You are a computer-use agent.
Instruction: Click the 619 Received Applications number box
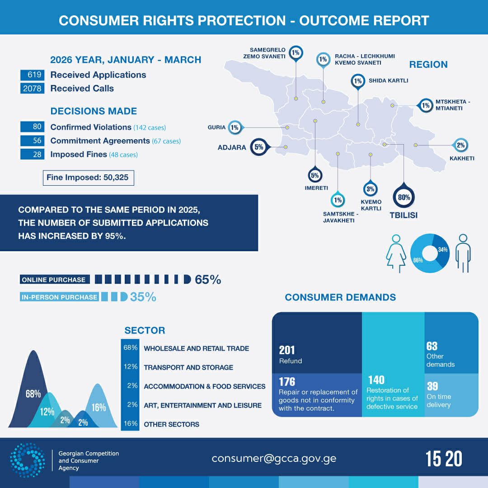tap(32, 75)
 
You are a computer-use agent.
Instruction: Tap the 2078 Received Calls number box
tap(32, 89)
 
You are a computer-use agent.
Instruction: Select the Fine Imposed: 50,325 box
tap(88, 178)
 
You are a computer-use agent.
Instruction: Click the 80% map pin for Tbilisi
tap(404, 197)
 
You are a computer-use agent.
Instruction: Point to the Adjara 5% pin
tap(259, 147)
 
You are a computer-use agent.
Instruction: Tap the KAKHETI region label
tap(462, 159)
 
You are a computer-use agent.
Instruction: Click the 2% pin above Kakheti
tap(460, 145)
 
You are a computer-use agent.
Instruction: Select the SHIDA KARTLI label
tap(388, 81)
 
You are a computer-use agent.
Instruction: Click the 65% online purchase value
tap(208, 280)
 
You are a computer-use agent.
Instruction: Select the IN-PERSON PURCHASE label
tap(59, 297)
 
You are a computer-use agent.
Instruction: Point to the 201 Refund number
tap(287, 350)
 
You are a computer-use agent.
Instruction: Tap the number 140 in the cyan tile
tap(376, 380)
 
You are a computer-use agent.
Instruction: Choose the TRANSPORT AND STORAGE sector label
tap(188, 367)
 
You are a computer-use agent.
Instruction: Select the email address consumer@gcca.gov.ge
tap(274, 458)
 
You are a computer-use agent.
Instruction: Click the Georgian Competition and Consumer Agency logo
tap(28, 460)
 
